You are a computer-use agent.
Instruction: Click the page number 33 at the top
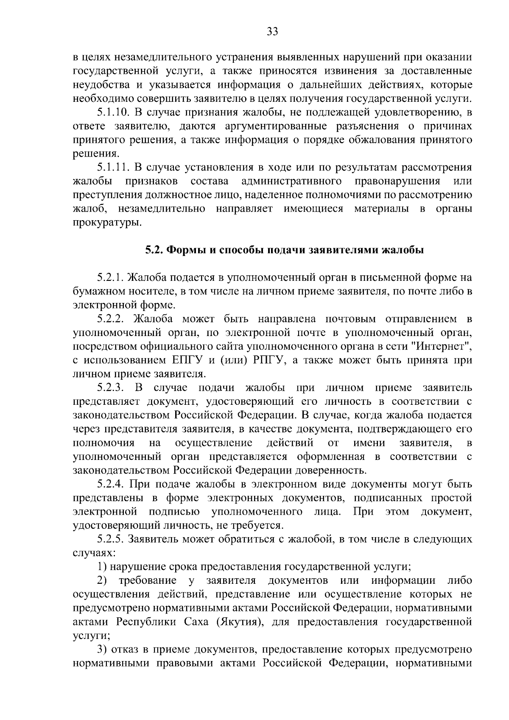(x=272, y=31)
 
